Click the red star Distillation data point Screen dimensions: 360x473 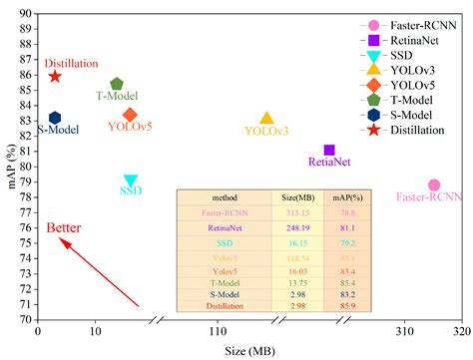tap(55, 76)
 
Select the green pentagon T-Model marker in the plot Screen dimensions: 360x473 tap(117, 85)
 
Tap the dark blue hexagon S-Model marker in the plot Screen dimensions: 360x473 tap(55, 118)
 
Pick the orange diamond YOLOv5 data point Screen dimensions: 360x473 tap(130, 115)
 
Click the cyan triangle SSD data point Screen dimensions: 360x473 tap(130, 181)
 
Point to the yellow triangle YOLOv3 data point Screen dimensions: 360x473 tap(266, 119)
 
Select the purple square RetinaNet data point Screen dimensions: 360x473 tap(329, 150)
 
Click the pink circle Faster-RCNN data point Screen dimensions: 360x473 tap(434, 185)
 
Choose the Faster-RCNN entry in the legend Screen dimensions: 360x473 tap(418, 26)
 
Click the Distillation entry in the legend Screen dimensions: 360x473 tap(418, 131)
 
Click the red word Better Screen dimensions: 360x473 tap(63, 227)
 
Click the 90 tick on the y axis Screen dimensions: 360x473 tap(24, 13)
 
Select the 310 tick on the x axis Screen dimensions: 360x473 tap(404, 331)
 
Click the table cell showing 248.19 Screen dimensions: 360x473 tap(291, 227)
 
